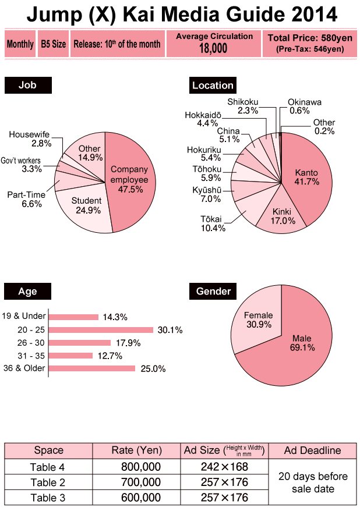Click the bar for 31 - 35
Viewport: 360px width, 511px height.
tap(70, 355)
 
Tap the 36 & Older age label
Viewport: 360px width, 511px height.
tap(24, 368)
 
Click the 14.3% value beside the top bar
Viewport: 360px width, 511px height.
tap(115, 317)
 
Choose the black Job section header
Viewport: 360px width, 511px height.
tap(28, 85)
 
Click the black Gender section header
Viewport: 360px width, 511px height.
tap(213, 290)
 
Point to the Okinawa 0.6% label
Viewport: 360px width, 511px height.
tap(304, 106)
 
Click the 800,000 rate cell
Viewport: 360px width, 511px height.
tap(139, 467)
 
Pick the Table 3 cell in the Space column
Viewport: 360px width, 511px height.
tap(48, 497)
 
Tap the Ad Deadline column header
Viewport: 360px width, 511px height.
tap(312, 450)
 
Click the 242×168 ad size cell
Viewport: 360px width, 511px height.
tap(224, 467)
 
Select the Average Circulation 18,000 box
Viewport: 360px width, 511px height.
tap(214, 43)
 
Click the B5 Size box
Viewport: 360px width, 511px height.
tap(54, 44)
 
